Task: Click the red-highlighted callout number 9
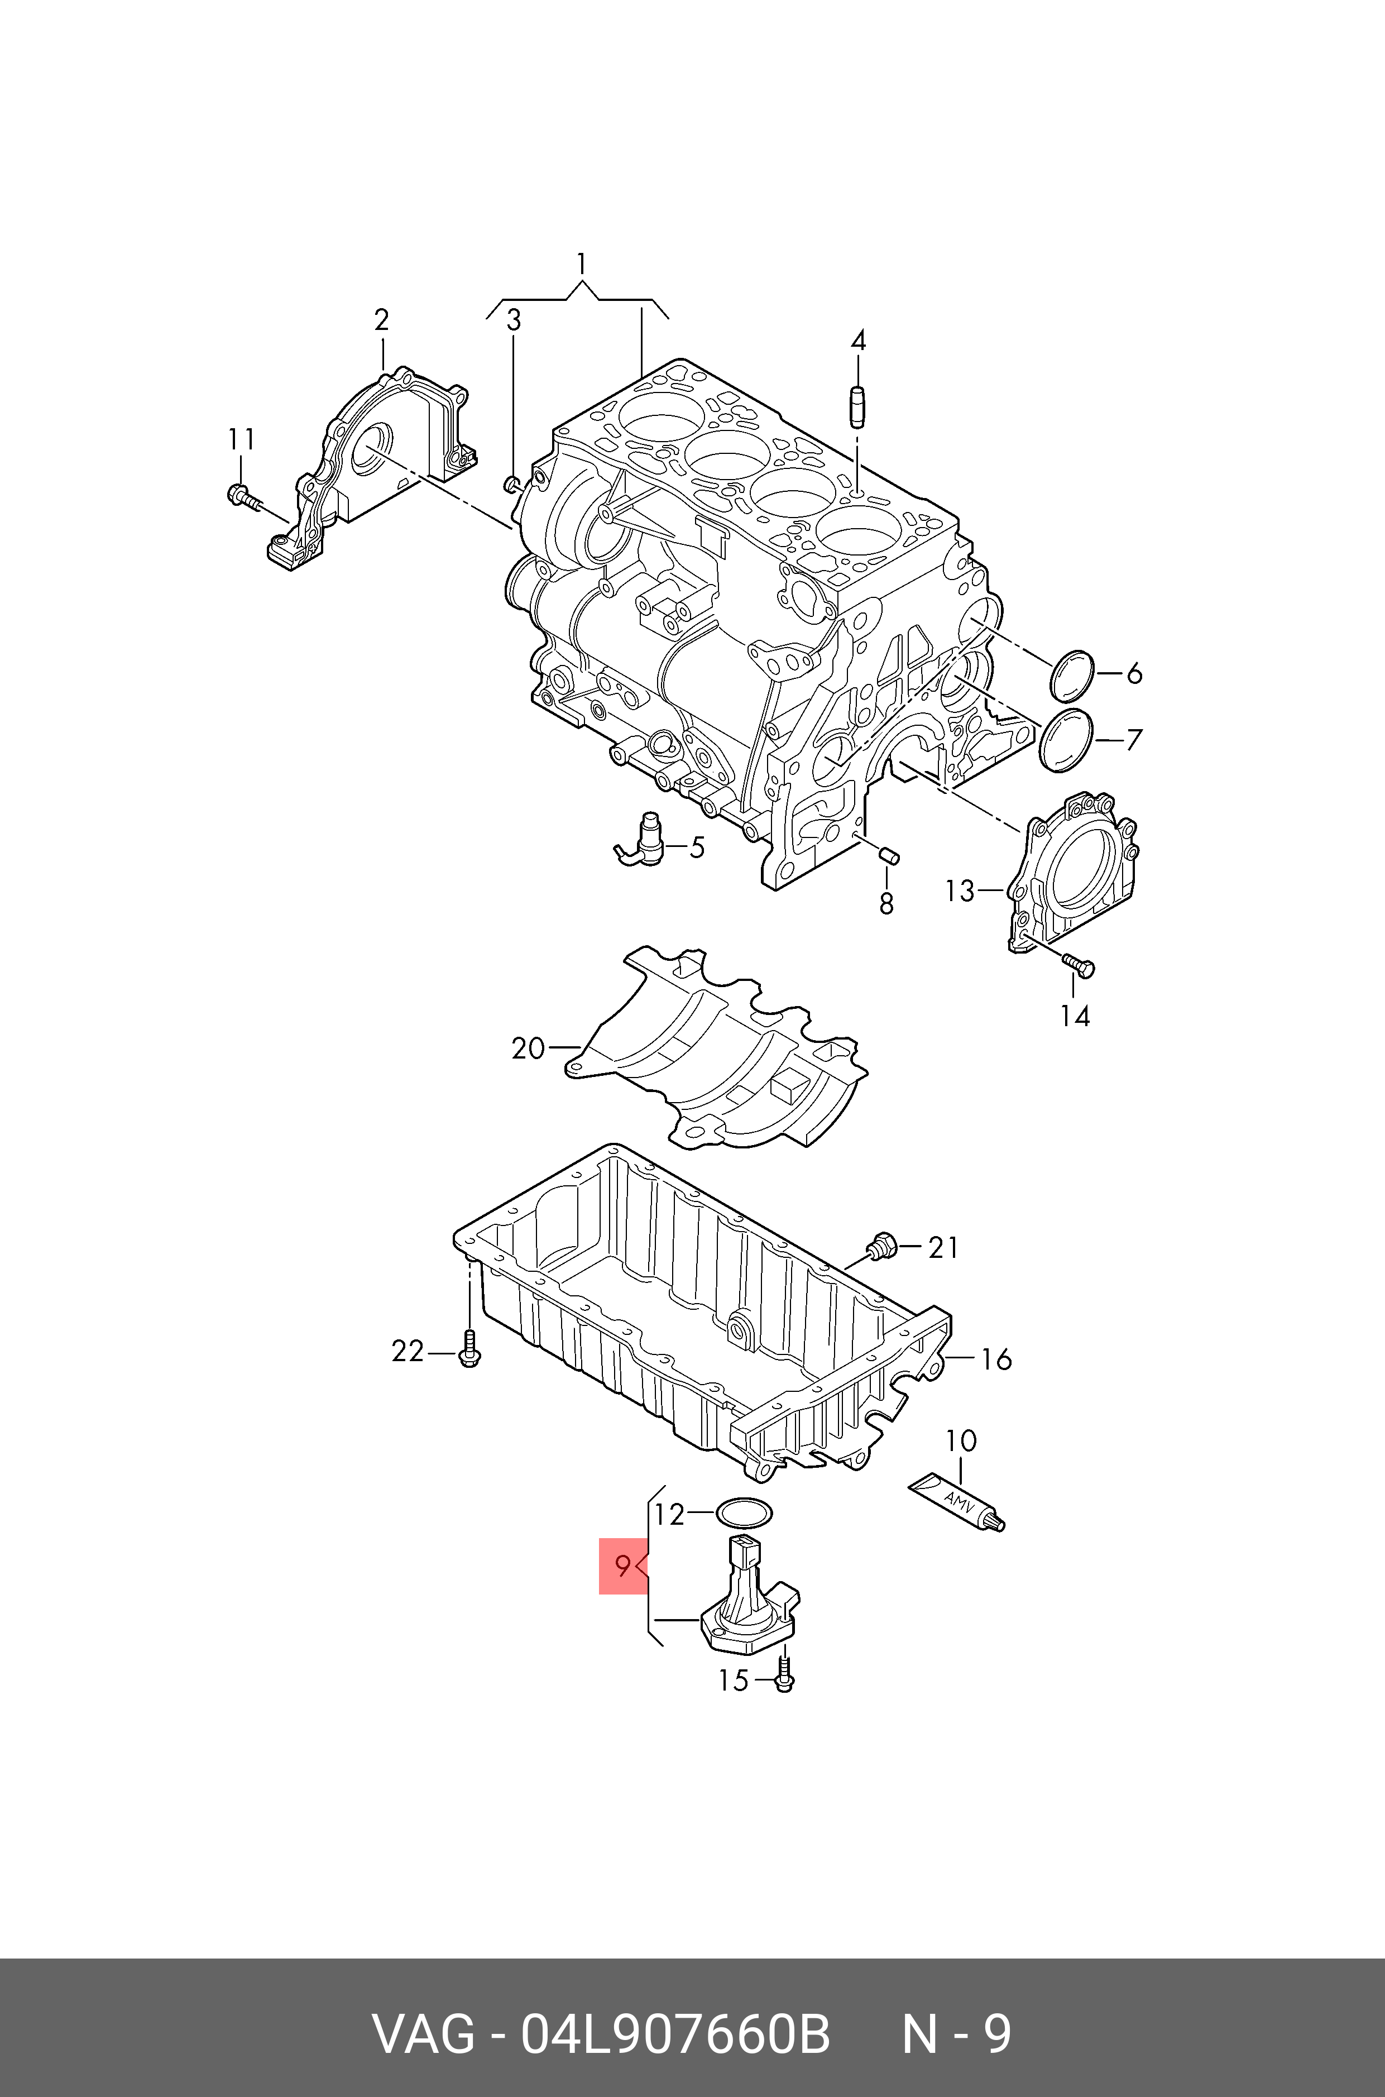coord(623,1566)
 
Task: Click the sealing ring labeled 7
coord(1065,739)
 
